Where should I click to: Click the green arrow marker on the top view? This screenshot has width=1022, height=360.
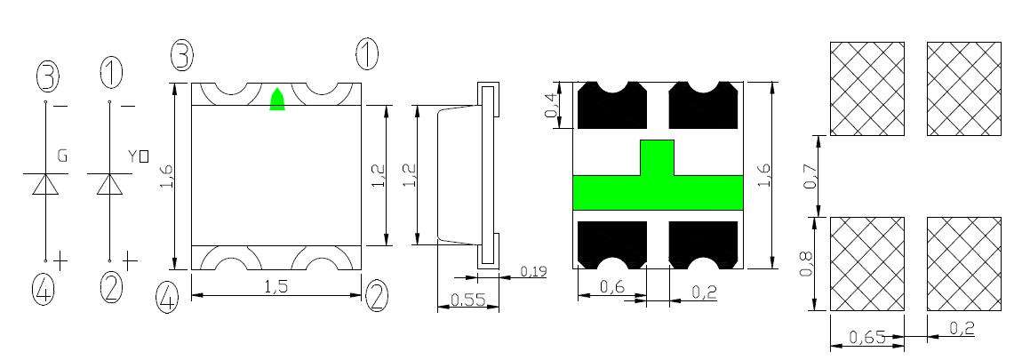click(277, 100)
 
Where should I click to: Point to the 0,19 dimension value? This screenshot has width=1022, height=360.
click(533, 270)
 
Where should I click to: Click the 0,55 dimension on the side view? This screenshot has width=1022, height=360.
click(467, 300)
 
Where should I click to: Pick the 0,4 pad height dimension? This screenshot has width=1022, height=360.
click(552, 104)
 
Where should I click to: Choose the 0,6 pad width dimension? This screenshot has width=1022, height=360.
click(612, 286)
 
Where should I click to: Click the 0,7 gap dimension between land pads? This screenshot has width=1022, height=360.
click(810, 176)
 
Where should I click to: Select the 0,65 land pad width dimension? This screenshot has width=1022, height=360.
click(867, 337)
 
